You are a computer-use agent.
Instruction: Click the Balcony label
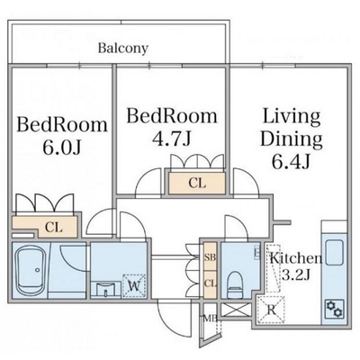pyautogui.click(x=123, y=49)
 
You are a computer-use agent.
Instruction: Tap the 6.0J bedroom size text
pyautogui.click(x=62, y=148)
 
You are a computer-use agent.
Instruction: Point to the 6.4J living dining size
pyautogui.click(x=291, y=162)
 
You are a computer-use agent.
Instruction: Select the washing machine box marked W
pyautogui.click(x=135, y=286)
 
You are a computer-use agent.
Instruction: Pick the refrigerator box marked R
pyautogui.click(x=271, y=310)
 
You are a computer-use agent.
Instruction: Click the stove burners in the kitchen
pyautogui.click(x=335, y=309)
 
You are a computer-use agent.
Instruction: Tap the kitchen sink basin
pyautogui.click(x=335, y=253)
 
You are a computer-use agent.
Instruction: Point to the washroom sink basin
pyautogui.click(x=105, y=290)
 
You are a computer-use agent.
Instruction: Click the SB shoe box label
pyautogui.click(x=211, y=257)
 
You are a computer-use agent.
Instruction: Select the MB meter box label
pyautogui.click(x=211, y=318)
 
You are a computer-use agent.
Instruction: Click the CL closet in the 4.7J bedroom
pyautogui.click(x=197, y=183)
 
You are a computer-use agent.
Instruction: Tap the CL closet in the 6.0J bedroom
pyautogui.click(x=45, y=227)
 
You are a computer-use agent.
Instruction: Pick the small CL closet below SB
pyautogui.click(x=211, y=283)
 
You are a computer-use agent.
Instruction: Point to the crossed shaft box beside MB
pyautogui.click(x=236, y=310)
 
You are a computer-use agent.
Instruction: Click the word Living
pyautogui.click(x=292, y=118)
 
